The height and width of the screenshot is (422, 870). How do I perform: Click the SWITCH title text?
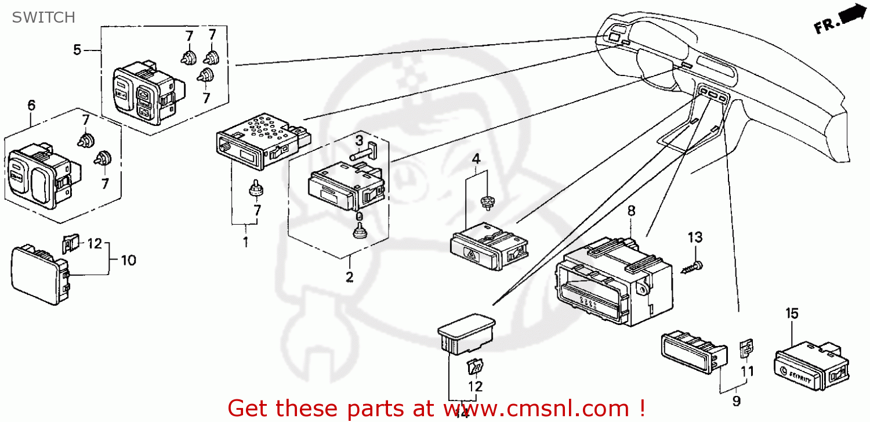coord(43,17)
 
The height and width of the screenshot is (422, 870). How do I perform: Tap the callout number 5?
coord(77,50)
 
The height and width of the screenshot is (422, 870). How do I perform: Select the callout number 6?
coord(31,105)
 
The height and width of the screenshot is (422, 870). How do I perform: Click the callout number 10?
coord(128,260)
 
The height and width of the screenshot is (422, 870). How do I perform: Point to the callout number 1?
coord(245,242)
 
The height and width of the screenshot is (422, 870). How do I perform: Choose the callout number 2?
coord(349,277)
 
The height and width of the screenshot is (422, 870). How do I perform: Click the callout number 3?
coord(359,140)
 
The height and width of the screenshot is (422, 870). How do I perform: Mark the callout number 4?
coord(476,158)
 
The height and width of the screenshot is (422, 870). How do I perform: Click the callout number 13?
coord(695,237)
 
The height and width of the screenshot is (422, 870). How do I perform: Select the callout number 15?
coord(792,314)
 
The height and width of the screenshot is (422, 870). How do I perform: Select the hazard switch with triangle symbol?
coord(488,250)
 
